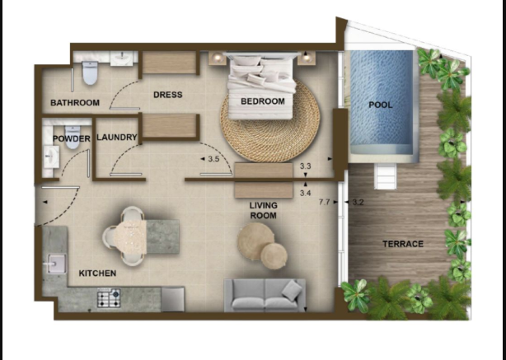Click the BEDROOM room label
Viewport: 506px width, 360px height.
point(263,101)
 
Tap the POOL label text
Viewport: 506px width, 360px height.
point(381,105)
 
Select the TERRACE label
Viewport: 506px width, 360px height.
point(403,244)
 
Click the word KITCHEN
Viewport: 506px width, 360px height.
point(97,274)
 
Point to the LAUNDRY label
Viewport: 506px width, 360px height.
point(117,138)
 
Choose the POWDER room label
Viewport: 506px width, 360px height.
point(72,139)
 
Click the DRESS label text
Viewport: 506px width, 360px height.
point(168,95)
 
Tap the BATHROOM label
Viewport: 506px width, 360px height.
point(75,103)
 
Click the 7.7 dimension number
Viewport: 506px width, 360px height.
point(324,203)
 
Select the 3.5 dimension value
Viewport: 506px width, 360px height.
point(213,159)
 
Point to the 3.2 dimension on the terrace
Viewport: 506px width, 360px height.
point(358,203)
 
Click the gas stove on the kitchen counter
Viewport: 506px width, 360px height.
point(109,298)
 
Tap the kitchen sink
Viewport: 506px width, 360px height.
point(57,264)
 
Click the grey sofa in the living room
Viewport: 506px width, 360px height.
point(265,295)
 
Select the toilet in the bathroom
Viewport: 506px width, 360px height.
point(90,72)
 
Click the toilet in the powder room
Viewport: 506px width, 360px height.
point(73,138)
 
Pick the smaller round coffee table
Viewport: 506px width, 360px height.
point(274,256)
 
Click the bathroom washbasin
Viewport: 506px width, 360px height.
point(122,58)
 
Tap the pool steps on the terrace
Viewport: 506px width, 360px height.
point(385,176)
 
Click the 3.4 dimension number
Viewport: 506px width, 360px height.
point(305,194)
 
